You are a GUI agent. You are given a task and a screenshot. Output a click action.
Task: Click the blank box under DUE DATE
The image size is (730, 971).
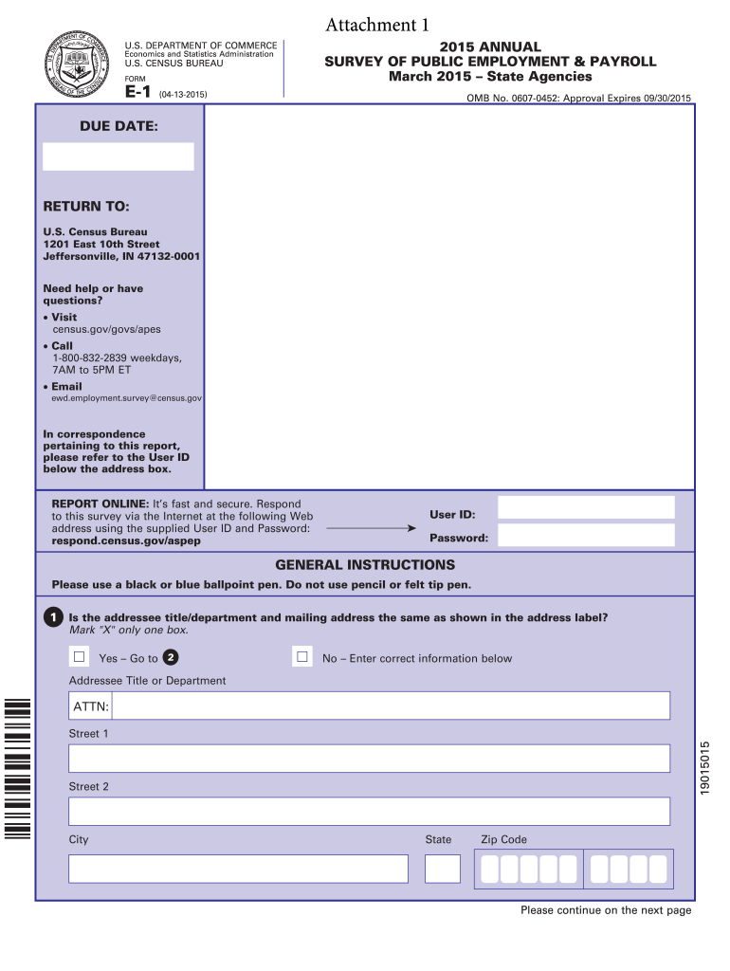tap(119, 156)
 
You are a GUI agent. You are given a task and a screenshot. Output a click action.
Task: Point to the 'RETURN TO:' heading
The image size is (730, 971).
tap(86, 207)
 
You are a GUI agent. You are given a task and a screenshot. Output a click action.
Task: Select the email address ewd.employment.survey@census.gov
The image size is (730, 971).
tap(126, 398)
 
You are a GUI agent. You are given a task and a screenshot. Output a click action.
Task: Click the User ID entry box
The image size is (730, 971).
tap(586, 507)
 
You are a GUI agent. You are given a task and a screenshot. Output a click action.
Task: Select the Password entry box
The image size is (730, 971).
tap(586, 536)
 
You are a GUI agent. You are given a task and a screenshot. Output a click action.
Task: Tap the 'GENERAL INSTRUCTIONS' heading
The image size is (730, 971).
tap(365, 565)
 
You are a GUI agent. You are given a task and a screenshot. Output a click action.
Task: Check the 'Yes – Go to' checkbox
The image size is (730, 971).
tap(80, 657)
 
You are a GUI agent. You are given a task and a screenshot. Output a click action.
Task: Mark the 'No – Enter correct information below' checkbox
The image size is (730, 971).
tap(302, 657)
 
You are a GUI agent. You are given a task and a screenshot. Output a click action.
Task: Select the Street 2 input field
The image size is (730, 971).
tap(369, 812)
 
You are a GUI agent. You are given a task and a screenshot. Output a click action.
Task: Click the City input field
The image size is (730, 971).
tap(238, 869)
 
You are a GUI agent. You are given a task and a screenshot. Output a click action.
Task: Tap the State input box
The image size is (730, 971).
tap(442, 869)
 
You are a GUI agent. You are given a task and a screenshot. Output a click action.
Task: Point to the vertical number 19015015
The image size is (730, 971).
tap(705, 768)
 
